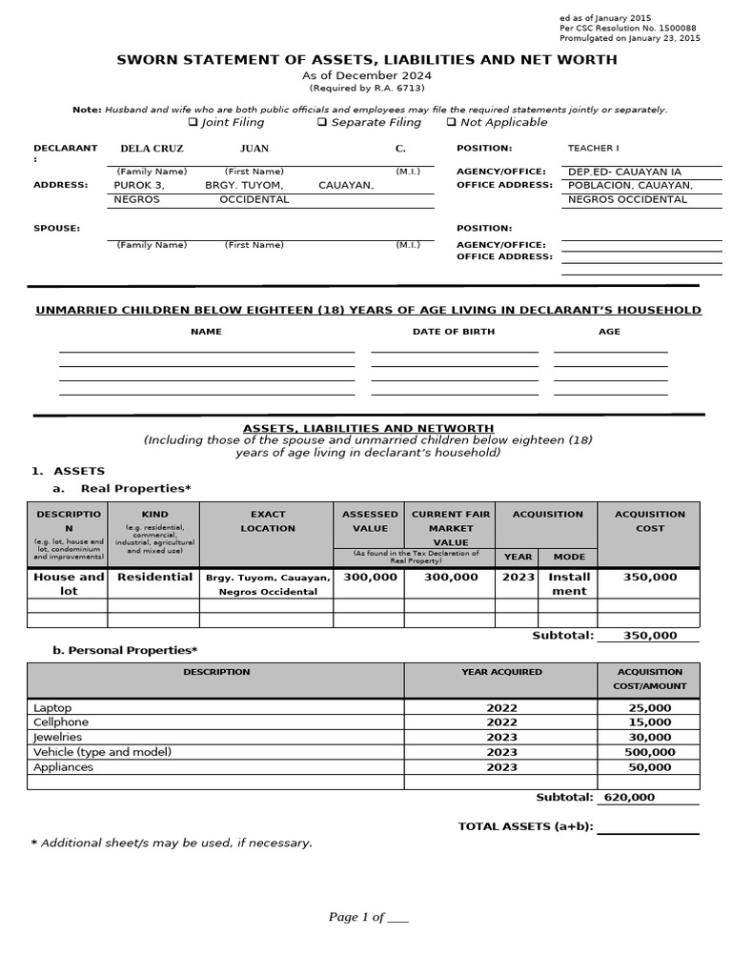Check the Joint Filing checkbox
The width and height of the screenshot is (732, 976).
(x=193, y=122)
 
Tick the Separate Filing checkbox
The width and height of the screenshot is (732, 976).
(x=322, y=122)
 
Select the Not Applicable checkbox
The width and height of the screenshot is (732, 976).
(x=451, y=122)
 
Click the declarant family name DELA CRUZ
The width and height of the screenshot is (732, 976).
(x=152, y=149)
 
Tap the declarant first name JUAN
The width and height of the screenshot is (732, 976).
(x=254, y=149)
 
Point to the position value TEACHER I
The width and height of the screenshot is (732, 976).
(x=593, y=149)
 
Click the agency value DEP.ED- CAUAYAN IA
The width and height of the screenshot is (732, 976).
(x=624, y=173)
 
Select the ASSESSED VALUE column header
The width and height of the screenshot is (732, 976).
(x=370, y=520)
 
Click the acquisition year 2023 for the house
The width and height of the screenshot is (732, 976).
(x=518, y=577)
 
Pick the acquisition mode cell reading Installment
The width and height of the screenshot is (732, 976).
(x=569, y=583)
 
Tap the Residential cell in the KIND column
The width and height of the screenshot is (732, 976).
(x=154, y=577)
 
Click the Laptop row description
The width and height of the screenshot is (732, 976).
(x=52, y=708)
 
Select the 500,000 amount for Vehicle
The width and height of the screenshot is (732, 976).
(x=650, y=752)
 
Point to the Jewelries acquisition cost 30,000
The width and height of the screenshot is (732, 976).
(x=650, y=737)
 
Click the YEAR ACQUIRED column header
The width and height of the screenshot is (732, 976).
(x=501, y=672)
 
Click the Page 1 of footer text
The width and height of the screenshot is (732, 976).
(x=368, y=917)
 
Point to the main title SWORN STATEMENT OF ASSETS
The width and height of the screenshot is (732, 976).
(x=366, y=59)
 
